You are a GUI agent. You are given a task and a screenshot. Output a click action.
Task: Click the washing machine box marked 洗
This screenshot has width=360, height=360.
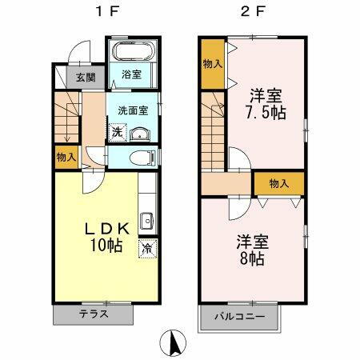(117, 132)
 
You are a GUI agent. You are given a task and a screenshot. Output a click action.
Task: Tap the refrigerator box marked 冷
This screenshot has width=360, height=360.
(147, 248)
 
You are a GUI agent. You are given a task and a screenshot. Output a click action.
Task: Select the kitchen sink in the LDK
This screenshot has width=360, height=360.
(147, 221)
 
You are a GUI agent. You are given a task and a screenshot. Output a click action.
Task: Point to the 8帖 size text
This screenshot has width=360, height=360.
(251, 258)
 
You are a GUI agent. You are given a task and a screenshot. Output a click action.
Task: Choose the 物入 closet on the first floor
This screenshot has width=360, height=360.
(66, 157)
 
